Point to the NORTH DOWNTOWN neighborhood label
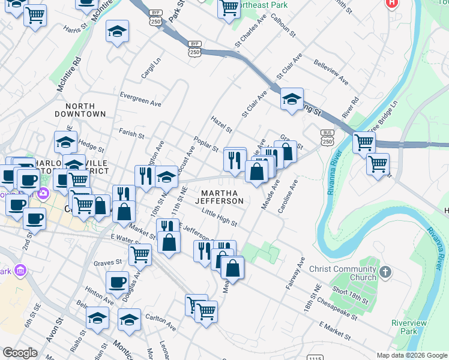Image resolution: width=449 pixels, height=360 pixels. (x=80, y=109)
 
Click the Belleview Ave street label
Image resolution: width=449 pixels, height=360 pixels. (x=331, y=71)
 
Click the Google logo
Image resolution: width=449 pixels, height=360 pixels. (x=20, y=352)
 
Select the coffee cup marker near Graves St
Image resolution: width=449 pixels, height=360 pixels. (x=118, y=281)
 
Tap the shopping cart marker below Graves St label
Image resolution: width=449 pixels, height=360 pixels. (x=140, y=254)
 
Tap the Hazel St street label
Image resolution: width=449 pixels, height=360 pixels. (x=221, y=124)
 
